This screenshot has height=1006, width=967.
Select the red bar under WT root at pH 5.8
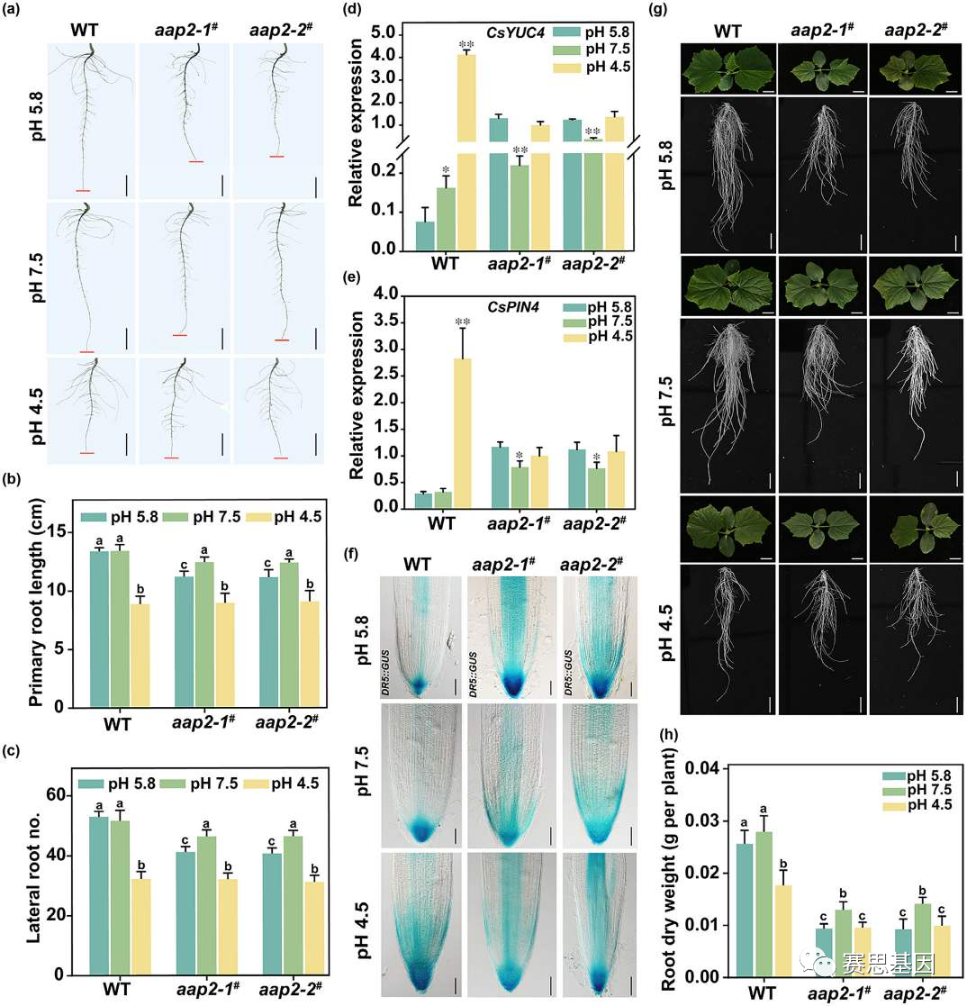point(84,191)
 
